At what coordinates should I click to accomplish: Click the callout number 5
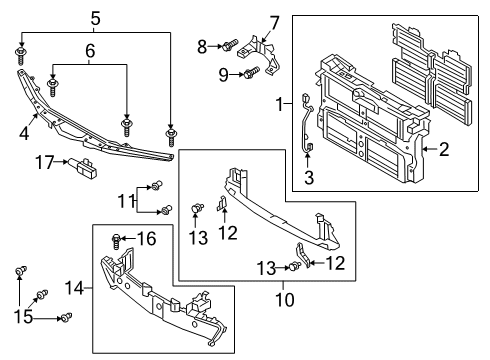pyautogui.click(x=95, y=19)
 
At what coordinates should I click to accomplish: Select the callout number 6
pyautogui.click(x=90, y=51)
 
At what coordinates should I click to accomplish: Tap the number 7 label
pyautogui.click(x=274, y=24)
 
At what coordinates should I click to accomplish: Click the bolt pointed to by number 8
pyautogui.click(x=230, y=45)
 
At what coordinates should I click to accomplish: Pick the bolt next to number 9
pyautogui.click(x=252, y=72)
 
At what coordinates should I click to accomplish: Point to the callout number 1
pyautogui.click(x=280, y=104)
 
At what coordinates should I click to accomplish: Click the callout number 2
pyautogui.click(x=444, y=149)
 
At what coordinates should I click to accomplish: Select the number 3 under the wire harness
pyautogui.click(x=309, y=177)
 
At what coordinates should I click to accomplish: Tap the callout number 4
pyautogui.click(x=24, y=134)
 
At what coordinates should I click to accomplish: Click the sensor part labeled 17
pyautogui.click(x=83, y=168)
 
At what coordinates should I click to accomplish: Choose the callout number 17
pyautogui.click(x=44, y=162)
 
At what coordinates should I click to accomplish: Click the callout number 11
pyautogui.click(x=126, y=201)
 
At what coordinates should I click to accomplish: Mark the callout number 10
pyautogui.click(x=285, y=299)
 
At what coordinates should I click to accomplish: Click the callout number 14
pyautogui.click(x=74, y=287)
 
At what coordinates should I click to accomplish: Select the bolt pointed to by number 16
pyautogui.click(x=116, y=242)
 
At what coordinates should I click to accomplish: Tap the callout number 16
pyautogui.click(x=147, y=239)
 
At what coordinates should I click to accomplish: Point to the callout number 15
pyautogui.click(x=23, y=316)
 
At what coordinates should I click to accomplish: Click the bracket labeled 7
pyautogui.click(x=260, y=54)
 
